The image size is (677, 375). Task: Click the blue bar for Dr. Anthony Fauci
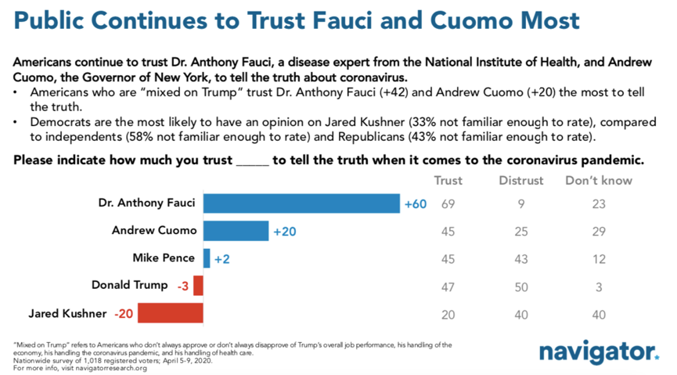pos(301,204)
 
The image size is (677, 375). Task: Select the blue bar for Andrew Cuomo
pos(236,231)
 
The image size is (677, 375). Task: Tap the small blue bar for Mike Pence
pos(207,258)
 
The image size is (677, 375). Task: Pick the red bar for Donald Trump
pos(199,285)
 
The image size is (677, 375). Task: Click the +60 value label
pos(415,204)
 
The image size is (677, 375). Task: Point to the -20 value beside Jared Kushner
pos(124,313)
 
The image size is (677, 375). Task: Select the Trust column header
pos(448,181)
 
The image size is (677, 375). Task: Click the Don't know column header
pos(599,181)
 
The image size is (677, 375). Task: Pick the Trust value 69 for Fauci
pos(448,204)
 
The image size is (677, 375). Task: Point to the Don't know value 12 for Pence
pos(599,258)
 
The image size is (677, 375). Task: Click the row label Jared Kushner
pos(67,313)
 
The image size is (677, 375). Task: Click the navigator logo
pos(598,352)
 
